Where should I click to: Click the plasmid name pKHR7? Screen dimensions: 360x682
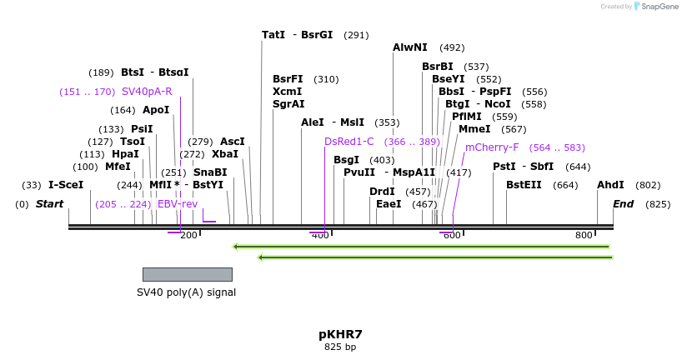[x=340, y=334]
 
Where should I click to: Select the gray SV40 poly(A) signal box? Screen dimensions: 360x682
[x=187, y=274]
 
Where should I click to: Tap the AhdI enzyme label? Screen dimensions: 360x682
[x=610, y=185]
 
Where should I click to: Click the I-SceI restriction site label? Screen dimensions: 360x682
[x=66, y=185]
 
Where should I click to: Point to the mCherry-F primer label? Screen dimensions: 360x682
[x=492, y=147]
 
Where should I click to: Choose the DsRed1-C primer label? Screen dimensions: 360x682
[x=349, y=142]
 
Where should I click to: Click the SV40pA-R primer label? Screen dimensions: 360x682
[x=147, y=92]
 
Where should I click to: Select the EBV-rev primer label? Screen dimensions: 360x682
[x=178, y=204]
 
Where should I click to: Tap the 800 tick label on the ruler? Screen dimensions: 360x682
[x=584, y=236]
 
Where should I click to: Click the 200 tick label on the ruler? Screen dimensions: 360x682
[x=188, y=236]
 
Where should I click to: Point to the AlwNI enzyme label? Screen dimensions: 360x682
[x=410, y=47]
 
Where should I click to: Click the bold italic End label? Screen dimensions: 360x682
[x=624, y=204]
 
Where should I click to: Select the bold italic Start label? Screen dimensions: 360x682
[x=49, y=204]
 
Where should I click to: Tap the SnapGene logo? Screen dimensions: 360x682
[x=654, y=7]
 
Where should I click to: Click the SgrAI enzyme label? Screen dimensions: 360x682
[x=288, y=104]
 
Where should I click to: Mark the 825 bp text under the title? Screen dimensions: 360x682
[x=340, y=347]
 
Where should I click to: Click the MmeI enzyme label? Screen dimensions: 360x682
[x=474, y=129]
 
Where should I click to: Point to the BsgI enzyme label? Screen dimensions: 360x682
[x=346, y=160]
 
